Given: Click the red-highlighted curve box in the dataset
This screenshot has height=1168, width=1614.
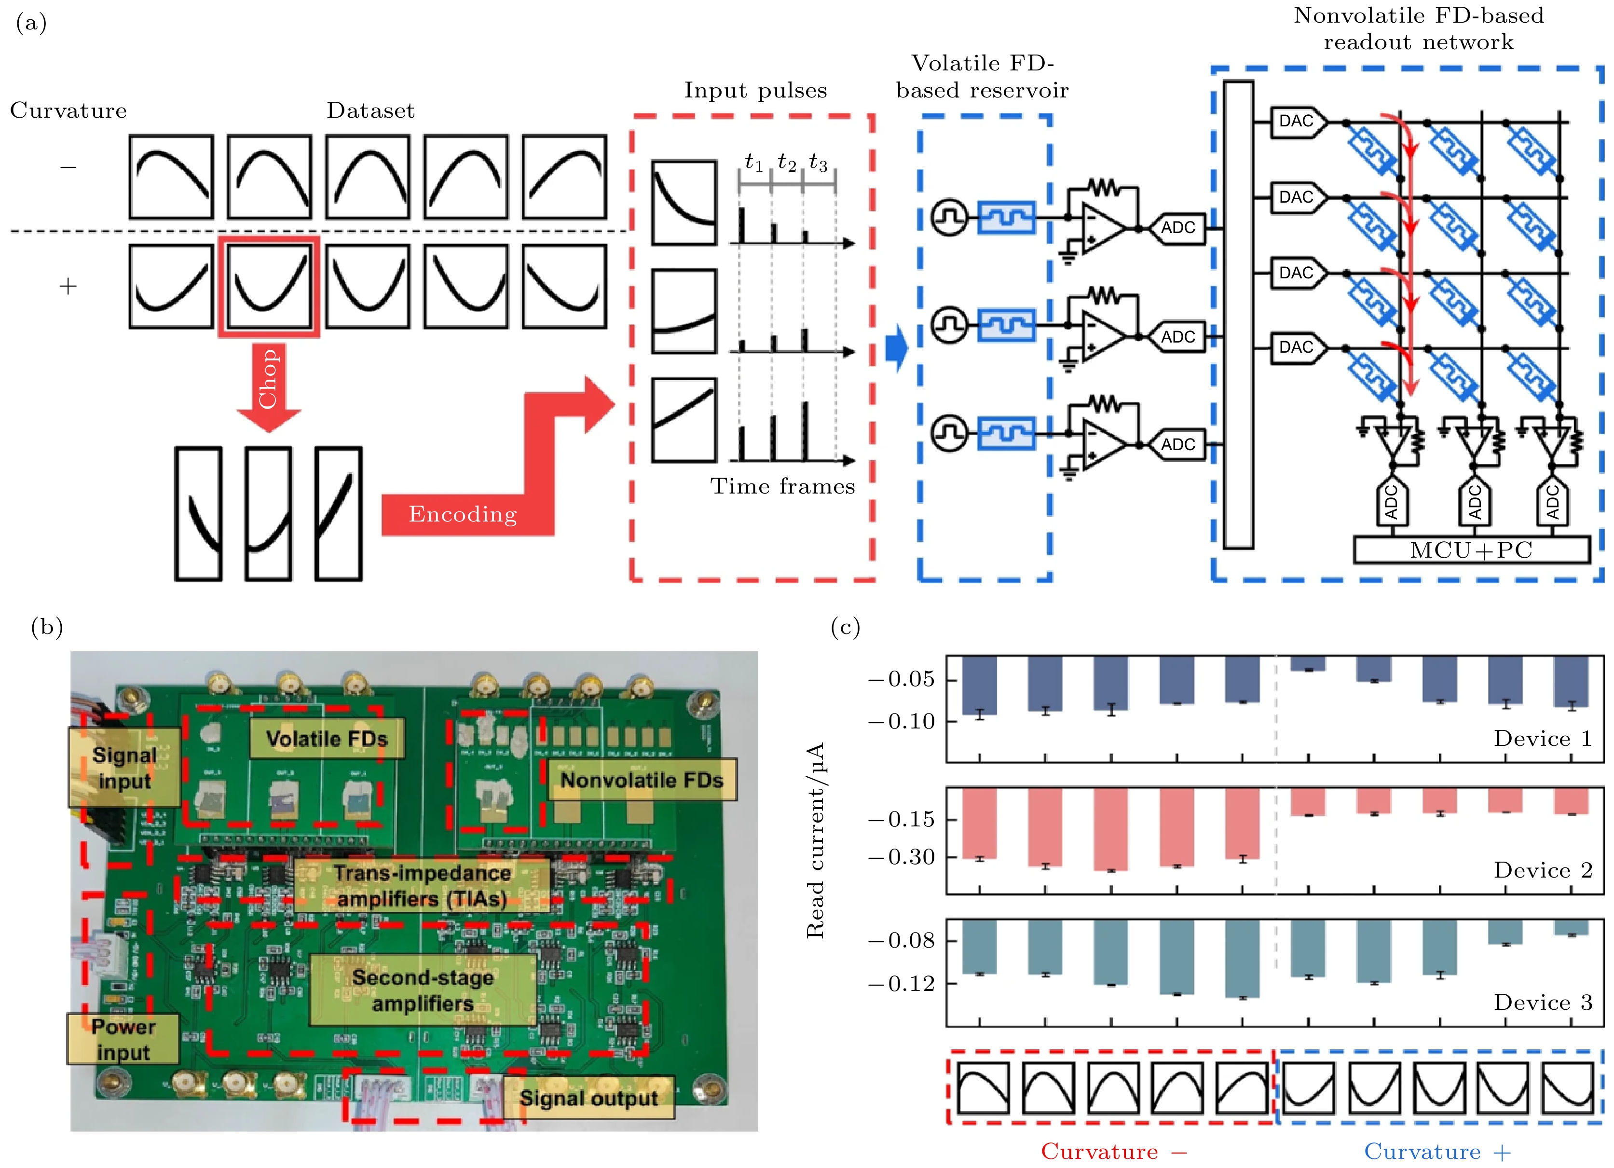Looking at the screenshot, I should tap(269, 286).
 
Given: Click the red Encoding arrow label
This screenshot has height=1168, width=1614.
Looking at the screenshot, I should tap(463, 514).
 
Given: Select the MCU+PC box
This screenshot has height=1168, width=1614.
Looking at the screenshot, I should tap(1471, 550).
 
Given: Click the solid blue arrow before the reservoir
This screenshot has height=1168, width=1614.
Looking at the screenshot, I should tap(897, 348).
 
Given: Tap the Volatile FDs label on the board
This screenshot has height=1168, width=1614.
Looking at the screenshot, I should tap(327, 739).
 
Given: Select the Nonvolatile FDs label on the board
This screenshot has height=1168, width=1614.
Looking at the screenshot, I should tap(641, 780).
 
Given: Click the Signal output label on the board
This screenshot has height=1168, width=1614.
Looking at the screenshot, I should tap(588, 1098).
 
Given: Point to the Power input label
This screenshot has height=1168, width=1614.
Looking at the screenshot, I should tap(123, 1039).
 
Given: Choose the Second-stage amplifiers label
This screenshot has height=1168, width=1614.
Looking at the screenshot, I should tap(423, 990).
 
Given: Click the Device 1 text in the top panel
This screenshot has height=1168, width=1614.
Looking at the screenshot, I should tap(1542, 739).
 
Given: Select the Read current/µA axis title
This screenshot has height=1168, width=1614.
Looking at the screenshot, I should tap(816, 840).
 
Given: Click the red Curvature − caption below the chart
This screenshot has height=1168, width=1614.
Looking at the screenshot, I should tap(1114, 1151).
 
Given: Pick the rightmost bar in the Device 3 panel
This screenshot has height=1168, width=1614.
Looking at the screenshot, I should tap(1571, 927).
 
